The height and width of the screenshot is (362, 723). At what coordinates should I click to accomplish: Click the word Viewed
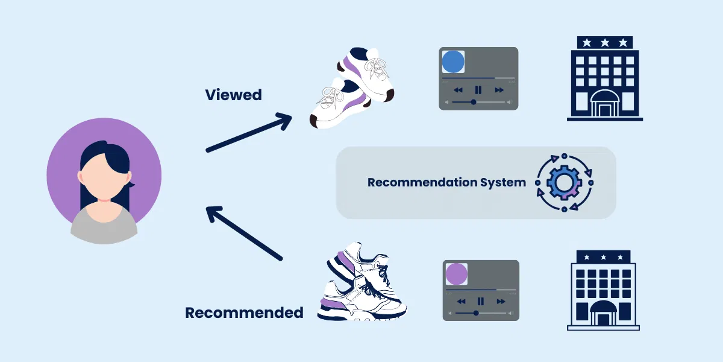pyautogui.click(x=233, y=95)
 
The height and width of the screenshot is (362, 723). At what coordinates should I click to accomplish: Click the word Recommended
pyautogui.click(x=244, y=313)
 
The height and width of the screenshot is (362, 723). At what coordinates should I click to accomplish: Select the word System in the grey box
pyautogui.click(x=503, y=183)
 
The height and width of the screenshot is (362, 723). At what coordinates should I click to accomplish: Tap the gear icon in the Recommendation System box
pyautogui.click(x=564, y=183)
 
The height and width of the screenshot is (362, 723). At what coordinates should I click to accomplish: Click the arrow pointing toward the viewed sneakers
pyautogui.click(x=249, y=133)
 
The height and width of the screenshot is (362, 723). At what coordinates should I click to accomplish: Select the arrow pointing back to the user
pyautogui.click(x=245, y=233)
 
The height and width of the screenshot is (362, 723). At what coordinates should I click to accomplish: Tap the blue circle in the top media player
pyautogui.click(x=453, y=62)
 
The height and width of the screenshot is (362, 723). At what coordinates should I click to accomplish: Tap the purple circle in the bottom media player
pyautogui.click(x=457, y=274)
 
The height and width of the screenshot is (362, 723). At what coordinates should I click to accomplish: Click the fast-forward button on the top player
pyautogui.click(x=499, y=90)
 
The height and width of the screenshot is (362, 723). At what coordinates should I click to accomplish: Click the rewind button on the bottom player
pyautogui.click(x=462, y=302)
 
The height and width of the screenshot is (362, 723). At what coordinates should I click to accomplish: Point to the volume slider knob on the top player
pyautogui.click(x=474, y=102)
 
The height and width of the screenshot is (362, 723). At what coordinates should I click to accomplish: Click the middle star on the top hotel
pyautogui.click(x=605, y=43)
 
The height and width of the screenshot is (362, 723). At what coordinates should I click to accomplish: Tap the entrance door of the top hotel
pyautogui.click(x=605, y=110)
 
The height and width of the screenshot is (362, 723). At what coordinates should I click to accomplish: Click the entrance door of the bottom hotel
pyautogui.click(x=603, y=320)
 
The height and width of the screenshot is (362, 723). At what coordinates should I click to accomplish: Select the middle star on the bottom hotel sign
pyautogui.click(x=603, y=257)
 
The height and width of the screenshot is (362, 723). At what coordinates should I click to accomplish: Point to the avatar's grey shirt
pyautogui.click(x=104, y=226)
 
